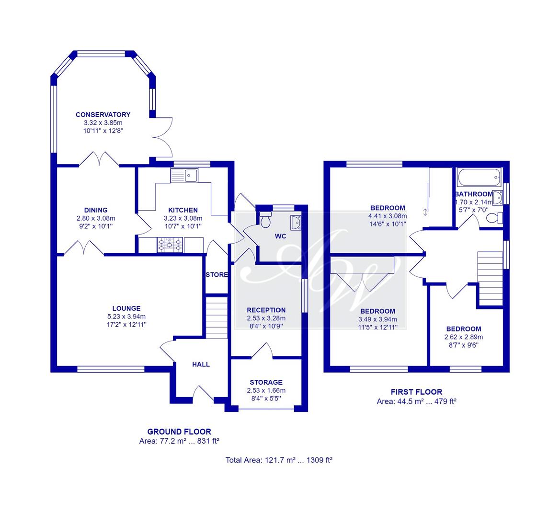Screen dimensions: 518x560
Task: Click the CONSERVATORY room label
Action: [x=103, y=115]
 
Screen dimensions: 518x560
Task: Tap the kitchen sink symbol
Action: [x=184, y=176]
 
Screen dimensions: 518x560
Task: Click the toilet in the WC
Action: [x=265, y=220]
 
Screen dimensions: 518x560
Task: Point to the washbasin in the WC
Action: [x=296, y=222]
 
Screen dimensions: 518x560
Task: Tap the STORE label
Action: [x=217, y=275]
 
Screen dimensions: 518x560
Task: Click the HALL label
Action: [x=201, y=364]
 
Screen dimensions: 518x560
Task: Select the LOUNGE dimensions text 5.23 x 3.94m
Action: [x=126, y=317]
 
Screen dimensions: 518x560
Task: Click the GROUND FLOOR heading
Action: [x=179, y=432]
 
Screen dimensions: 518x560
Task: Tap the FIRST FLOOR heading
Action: [x=416, y=392]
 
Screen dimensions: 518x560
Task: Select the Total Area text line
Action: [x=279, y=460]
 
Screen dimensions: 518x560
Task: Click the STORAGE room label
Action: [x=266, y=382]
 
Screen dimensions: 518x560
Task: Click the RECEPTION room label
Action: [x=266, y=310]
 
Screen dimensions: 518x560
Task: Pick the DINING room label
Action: [x=96, y=210]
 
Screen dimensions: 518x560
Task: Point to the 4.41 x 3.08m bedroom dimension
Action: [x=388, y=216]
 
